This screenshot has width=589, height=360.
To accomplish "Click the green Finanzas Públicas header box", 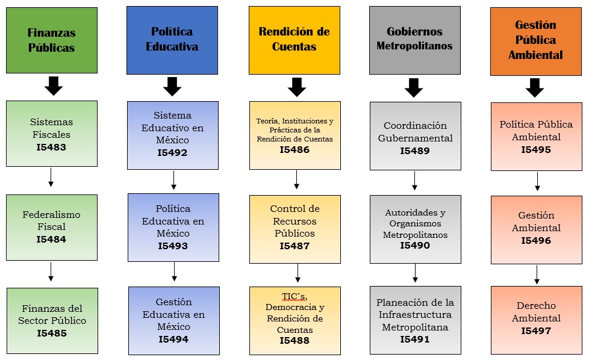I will click(51, 40).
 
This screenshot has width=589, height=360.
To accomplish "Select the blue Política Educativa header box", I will click(172, 40).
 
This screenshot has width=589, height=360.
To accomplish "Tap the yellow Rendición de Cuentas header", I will click(294, 40).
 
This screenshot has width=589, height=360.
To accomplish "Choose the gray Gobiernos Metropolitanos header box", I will click(414, 40).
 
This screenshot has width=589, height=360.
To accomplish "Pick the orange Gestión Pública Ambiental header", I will click(535, 41).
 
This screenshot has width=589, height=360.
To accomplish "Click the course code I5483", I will click(51, 147).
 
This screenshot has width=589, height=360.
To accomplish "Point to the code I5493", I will click(173, 246).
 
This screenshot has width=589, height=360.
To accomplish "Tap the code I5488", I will click(294, 340).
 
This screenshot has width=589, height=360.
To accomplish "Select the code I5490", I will click(415, 245).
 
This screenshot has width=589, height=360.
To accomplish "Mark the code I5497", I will click(536, 331).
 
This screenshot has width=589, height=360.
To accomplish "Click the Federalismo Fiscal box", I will click(51, 227).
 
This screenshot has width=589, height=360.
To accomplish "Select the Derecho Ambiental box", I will click(536, 320).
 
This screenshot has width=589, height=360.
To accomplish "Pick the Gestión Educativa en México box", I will click(173, 320).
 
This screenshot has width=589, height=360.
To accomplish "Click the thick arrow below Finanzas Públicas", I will click(54, 86).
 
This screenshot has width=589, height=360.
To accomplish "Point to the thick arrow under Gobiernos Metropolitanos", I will click(414, 88).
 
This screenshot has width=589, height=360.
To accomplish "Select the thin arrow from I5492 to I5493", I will click(173, 180).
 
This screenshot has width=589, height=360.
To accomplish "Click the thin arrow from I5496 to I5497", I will click(537, 275).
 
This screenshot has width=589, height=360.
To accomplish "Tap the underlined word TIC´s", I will click(294, 295).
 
